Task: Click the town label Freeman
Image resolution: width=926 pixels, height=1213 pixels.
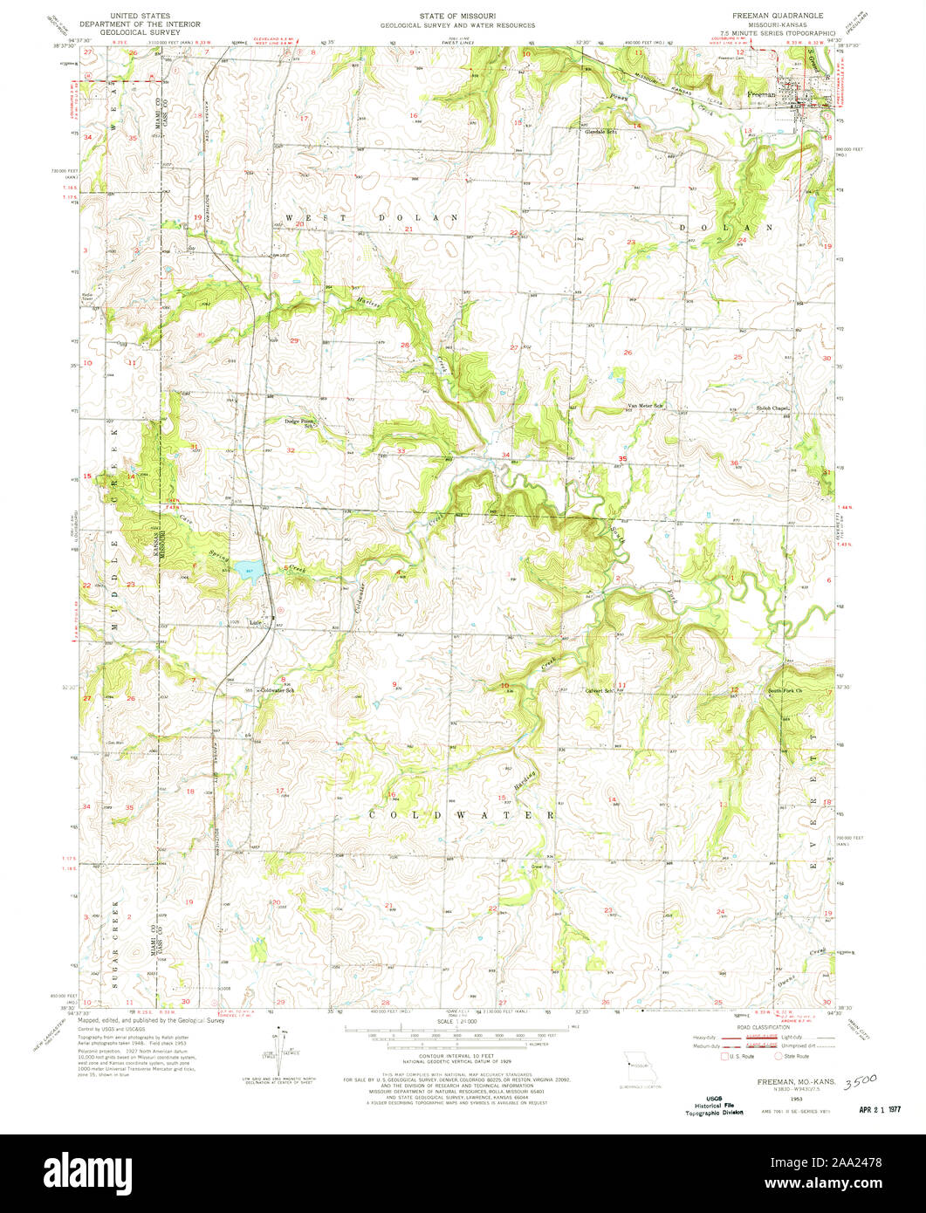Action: [x=761, y=92]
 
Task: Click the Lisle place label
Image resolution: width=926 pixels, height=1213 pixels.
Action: [x=256, y=622]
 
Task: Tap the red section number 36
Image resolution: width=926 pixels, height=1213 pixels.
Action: [x=734, y=463]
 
